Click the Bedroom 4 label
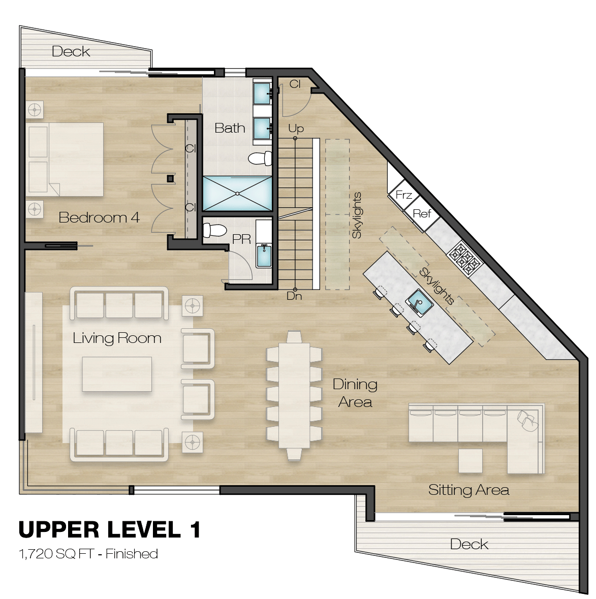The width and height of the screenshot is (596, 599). tap(99, 217)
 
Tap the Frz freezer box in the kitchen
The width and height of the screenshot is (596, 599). tap(403, 195)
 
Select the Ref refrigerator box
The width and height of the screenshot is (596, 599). tap(422, 213)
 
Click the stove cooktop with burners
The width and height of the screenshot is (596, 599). tap(464, 259)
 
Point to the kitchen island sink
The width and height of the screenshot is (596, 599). tap(419, 303)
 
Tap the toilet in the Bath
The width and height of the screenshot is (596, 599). tap(260, 159)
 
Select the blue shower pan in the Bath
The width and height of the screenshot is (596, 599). tap(237, 193)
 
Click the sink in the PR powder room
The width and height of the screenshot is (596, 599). tap(264, 256)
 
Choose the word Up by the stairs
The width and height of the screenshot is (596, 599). tap(296, 129)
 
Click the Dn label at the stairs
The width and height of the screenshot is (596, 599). tap(294, 296)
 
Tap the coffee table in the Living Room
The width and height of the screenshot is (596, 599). tap(117, 374)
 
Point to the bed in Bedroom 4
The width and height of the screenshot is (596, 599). tap(65, 159)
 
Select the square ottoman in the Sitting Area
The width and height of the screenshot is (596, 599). tap(470, 461)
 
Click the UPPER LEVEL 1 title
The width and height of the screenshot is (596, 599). tap(109, 529)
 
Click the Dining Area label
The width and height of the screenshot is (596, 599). tap(355, 393)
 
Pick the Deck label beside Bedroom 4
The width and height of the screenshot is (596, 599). tap(71, 51)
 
